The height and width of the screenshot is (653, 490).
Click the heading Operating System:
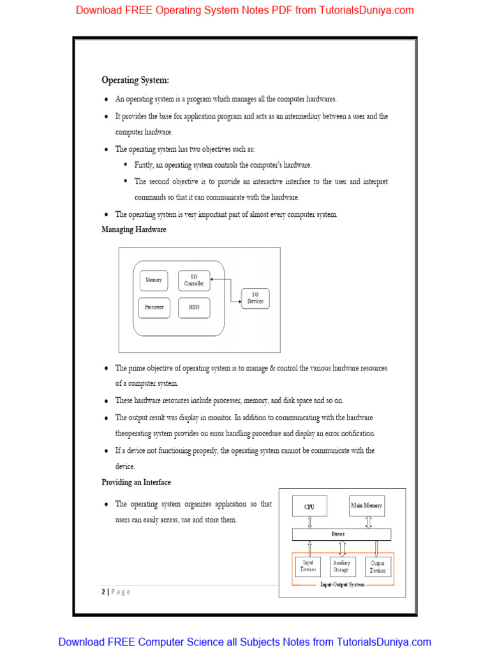135,80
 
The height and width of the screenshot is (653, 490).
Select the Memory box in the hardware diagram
154,281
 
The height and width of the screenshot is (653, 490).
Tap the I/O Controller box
194,281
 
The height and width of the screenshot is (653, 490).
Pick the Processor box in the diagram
154,307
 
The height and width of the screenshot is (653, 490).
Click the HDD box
194,307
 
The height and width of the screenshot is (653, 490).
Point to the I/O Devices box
255,298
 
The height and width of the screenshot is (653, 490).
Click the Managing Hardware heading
134,230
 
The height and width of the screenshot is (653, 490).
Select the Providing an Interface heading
137,482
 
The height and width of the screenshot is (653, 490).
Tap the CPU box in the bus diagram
309,506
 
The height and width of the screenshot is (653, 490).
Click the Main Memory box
367,506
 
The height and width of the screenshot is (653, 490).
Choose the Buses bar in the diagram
342,534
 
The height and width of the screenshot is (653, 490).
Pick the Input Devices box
308,566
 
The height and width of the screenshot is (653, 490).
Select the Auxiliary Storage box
341,566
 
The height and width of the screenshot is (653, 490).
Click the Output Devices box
378,566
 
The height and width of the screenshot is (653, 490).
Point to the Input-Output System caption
342,585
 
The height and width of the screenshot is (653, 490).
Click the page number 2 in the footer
103,591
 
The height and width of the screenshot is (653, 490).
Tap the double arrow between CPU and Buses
309,522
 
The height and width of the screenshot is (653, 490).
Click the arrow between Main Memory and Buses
368,522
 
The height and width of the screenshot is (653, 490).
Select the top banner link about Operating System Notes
245,10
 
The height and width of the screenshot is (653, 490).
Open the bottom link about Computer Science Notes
245,642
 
